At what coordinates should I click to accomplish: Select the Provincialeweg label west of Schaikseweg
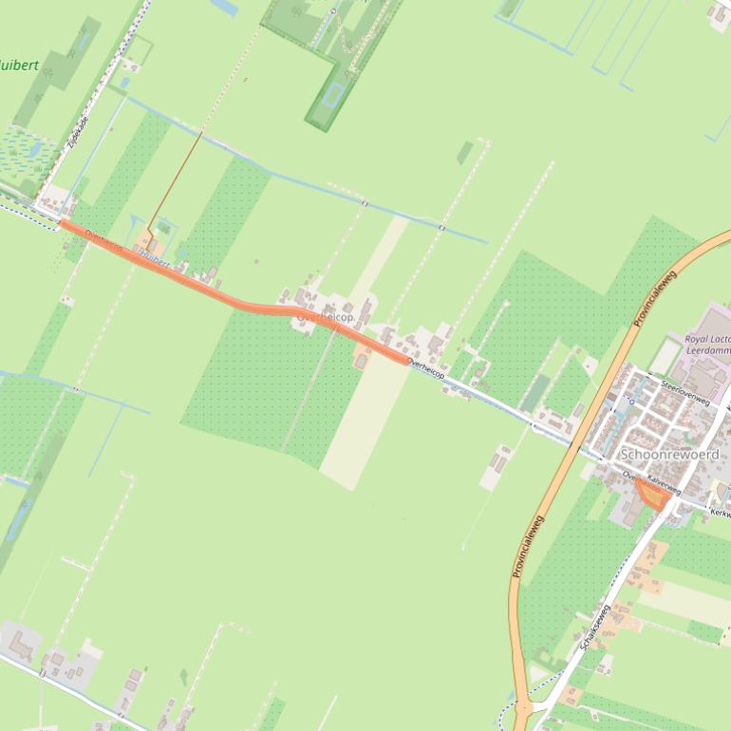527,546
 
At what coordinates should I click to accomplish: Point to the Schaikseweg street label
595,628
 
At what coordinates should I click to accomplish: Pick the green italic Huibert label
19,66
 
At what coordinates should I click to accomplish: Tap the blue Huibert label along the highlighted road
155,258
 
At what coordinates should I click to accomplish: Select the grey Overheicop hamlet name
325,317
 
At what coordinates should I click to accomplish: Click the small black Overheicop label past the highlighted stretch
425,369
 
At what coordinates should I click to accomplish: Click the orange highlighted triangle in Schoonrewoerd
651,494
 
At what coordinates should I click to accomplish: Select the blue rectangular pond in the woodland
332,94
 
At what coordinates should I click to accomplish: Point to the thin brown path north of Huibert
176,180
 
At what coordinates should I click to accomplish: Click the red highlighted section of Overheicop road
237,300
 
